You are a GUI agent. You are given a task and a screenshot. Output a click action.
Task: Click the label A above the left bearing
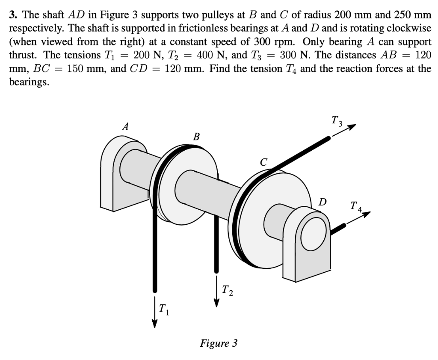tap(125, 126)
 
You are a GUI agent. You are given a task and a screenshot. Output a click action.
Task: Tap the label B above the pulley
tap(196, 137)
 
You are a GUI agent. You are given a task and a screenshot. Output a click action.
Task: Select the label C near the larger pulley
tap(264, 162)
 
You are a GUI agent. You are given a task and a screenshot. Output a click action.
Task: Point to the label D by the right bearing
tap(323, 201)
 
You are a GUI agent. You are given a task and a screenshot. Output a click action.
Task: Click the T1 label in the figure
tap(163, 308)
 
